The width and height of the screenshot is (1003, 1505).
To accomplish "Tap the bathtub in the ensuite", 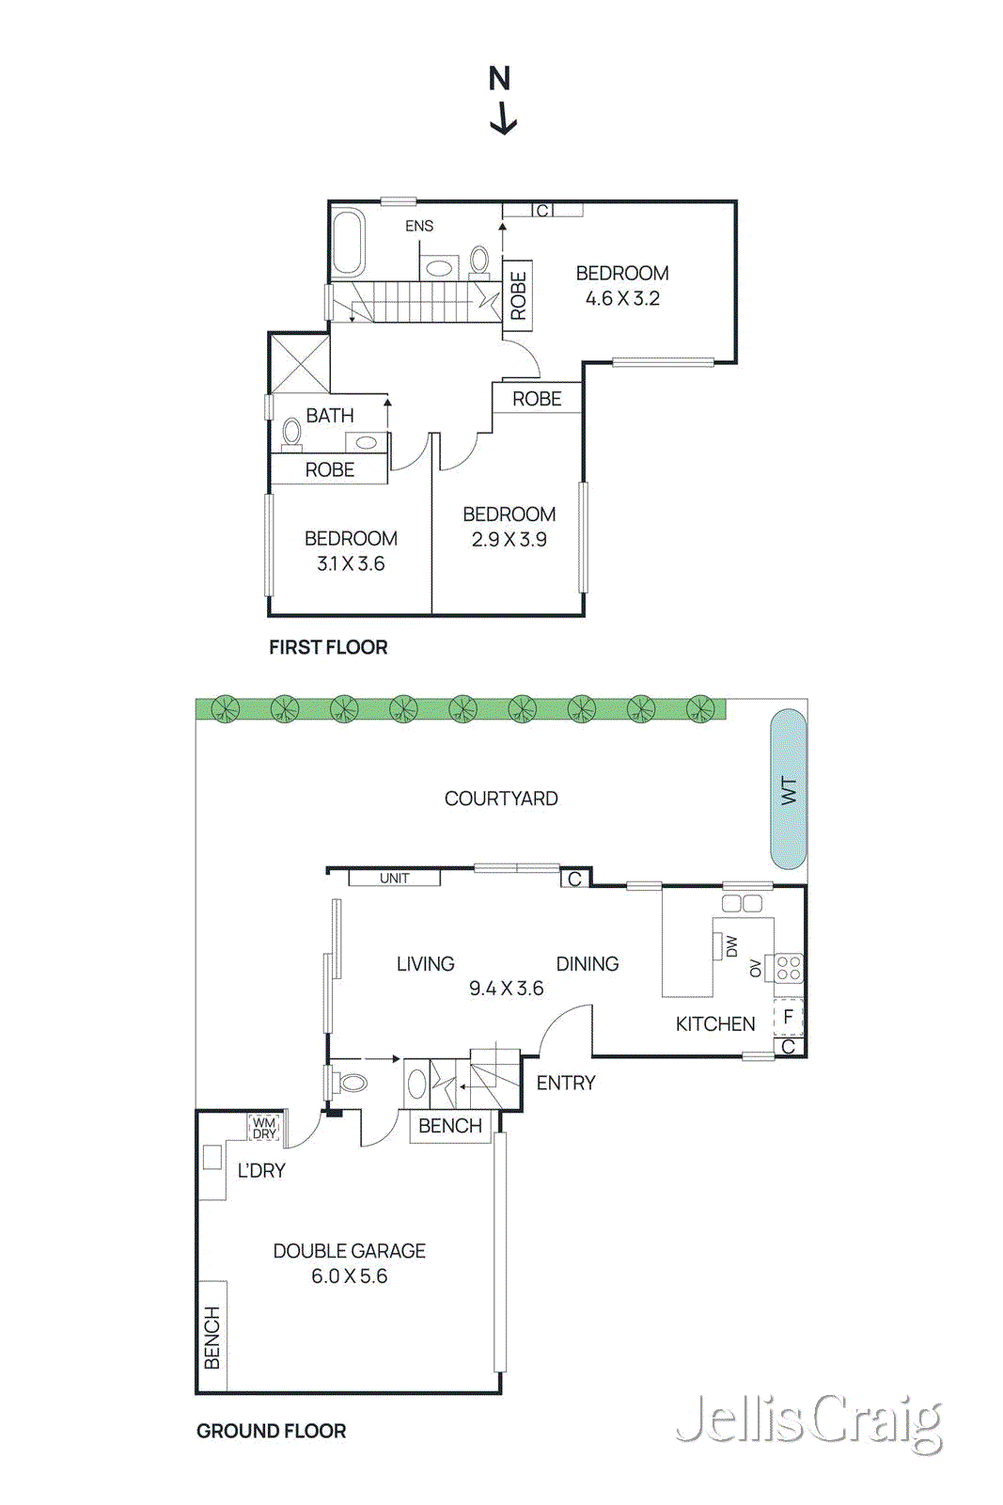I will coord(348,242).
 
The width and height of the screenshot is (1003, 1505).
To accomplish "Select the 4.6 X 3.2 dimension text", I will coord(622,299).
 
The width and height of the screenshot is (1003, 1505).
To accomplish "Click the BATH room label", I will coord(330,415).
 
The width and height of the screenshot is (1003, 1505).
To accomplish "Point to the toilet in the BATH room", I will coord(292,433).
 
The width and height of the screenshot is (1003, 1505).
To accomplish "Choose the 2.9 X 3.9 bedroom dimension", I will coord(509,540).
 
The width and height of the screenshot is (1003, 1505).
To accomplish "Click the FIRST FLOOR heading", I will coord(328,647).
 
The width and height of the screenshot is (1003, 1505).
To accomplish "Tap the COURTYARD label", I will coord(501,799).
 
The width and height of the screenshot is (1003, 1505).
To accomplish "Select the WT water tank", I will coord(789,789).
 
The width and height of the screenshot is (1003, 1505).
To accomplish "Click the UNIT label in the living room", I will coord(394,879).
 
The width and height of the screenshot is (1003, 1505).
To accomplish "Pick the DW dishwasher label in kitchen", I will coord(731,946).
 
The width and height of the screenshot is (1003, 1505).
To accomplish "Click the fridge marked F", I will coord(788,1017).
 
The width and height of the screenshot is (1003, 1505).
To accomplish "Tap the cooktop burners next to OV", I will coord(789,968).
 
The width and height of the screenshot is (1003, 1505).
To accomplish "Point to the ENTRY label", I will coord(566,1083).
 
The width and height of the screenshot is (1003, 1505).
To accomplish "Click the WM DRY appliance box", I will coord(264,1127).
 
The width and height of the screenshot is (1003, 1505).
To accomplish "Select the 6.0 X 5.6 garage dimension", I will coord(349,1276).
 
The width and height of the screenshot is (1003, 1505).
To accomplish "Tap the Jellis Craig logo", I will coord(808,1421).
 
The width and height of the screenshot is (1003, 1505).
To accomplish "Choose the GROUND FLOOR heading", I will coord(271,1431).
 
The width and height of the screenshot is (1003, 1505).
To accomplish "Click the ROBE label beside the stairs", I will coord(518,295).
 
